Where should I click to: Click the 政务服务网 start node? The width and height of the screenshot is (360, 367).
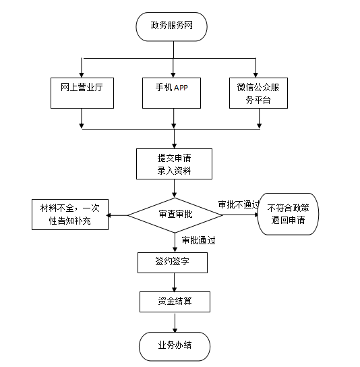coord(171,27)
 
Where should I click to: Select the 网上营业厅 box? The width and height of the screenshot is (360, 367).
coord(82,93)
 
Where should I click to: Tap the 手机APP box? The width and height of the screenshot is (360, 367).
coord(171,93)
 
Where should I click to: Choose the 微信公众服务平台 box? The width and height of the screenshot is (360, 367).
coord(258,93)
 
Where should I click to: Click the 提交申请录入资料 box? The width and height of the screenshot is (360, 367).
coord(174,164)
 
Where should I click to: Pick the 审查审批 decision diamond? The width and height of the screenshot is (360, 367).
coord(175,215)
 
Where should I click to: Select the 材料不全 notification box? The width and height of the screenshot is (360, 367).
coord(70,215)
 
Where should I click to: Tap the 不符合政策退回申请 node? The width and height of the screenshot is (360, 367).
coord(288,214)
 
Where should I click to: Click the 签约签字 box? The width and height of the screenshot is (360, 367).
coord(173,262)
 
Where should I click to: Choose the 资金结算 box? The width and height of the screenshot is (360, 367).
coord(175,302)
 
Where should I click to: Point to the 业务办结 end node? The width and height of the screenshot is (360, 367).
coord(175,346)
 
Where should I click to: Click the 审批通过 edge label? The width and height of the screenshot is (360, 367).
coord(199,240)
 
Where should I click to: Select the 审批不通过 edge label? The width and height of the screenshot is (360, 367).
coord(239,204)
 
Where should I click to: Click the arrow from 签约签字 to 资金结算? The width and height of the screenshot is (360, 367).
coord(174,282)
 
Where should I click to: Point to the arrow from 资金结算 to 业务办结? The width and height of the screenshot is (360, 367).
coord(175,322)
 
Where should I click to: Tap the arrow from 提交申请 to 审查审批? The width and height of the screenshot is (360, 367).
coord(174,188)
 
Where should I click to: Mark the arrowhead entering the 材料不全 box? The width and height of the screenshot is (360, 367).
coord(109,215)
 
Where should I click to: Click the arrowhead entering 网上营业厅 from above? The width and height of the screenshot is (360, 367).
coord(82,75)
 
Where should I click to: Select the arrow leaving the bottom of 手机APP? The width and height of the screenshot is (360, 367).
coord(173,119)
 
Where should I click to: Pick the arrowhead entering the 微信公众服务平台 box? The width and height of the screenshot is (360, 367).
coord(256,75)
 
